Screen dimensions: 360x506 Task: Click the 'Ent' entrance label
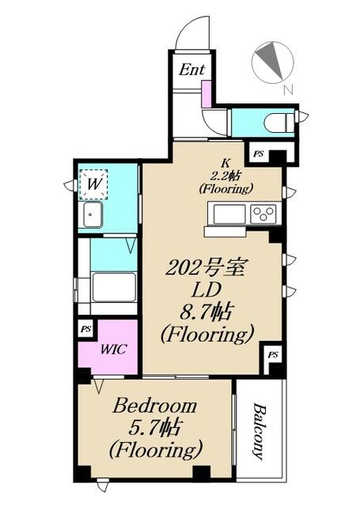[x=191, y=70]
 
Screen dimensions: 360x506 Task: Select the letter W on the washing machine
[x=93, y=184]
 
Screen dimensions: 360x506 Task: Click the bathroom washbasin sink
[x=93, y=215]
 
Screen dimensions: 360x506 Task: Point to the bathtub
[x=114, y=287]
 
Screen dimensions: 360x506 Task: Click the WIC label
[x=113, y=349]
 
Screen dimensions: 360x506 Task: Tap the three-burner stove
[x=264, y=213]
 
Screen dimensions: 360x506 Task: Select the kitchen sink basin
[x=229, y=214]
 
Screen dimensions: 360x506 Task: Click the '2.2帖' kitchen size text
[x=225, y=176]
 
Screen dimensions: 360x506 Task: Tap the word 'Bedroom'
[x=154, y=406]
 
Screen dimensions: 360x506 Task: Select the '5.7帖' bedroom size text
[x=153, y=429]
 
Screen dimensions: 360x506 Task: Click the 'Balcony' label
[x=260, y=432]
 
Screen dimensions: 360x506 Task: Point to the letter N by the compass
[x=288, y=89]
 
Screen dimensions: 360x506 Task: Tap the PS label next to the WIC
[x=86, y=330]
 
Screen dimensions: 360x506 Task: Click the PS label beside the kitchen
[x=258, y=154]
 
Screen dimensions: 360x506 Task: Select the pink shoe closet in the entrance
[x=207, y=94]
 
